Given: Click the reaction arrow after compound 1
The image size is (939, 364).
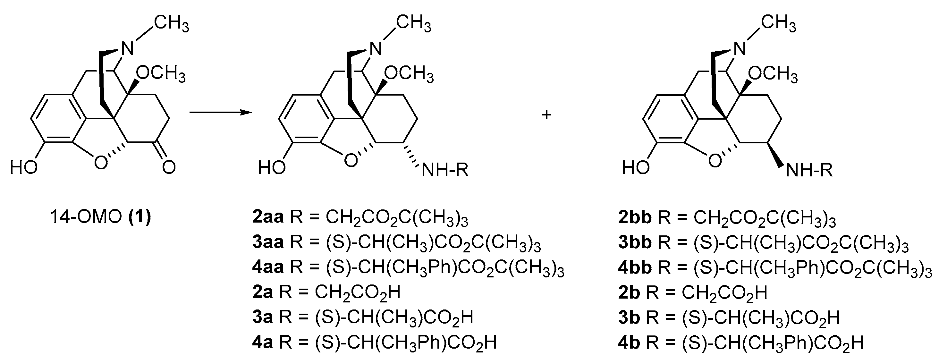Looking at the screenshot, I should [x=221, y=113].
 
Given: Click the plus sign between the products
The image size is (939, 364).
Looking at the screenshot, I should [x=546, y=115].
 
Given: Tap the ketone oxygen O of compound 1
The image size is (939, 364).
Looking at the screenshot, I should [x=169, y=168].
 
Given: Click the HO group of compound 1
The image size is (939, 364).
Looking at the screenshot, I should [x=24, y=168].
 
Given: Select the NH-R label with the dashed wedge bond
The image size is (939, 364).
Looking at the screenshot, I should [x=445, y=170].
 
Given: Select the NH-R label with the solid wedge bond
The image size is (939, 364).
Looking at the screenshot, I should [x=809, y=170].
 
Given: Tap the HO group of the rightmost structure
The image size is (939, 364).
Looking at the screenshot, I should [x=636, y=168].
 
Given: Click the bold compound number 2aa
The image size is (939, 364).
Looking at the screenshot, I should [x=268, y=217].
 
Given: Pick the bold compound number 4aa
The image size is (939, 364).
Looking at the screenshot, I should [x=268, y=267].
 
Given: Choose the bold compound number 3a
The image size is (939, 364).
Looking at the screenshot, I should [x=262, y=317].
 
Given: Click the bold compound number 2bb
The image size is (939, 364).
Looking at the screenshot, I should [x=635, y=217].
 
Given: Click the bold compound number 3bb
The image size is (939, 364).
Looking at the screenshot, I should [x=635, y=243].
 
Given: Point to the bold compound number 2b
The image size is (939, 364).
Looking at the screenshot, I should [x=629, y=292].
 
